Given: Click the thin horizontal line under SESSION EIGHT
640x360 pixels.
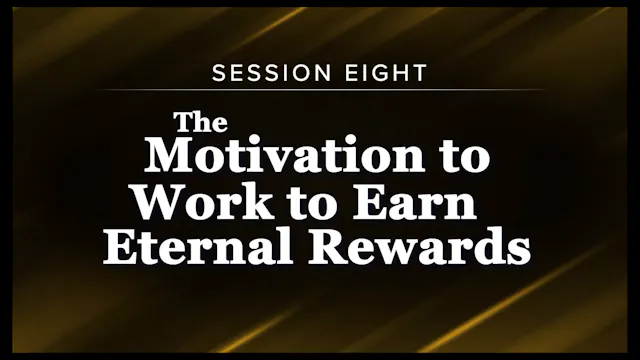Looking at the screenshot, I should coord(320,91).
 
